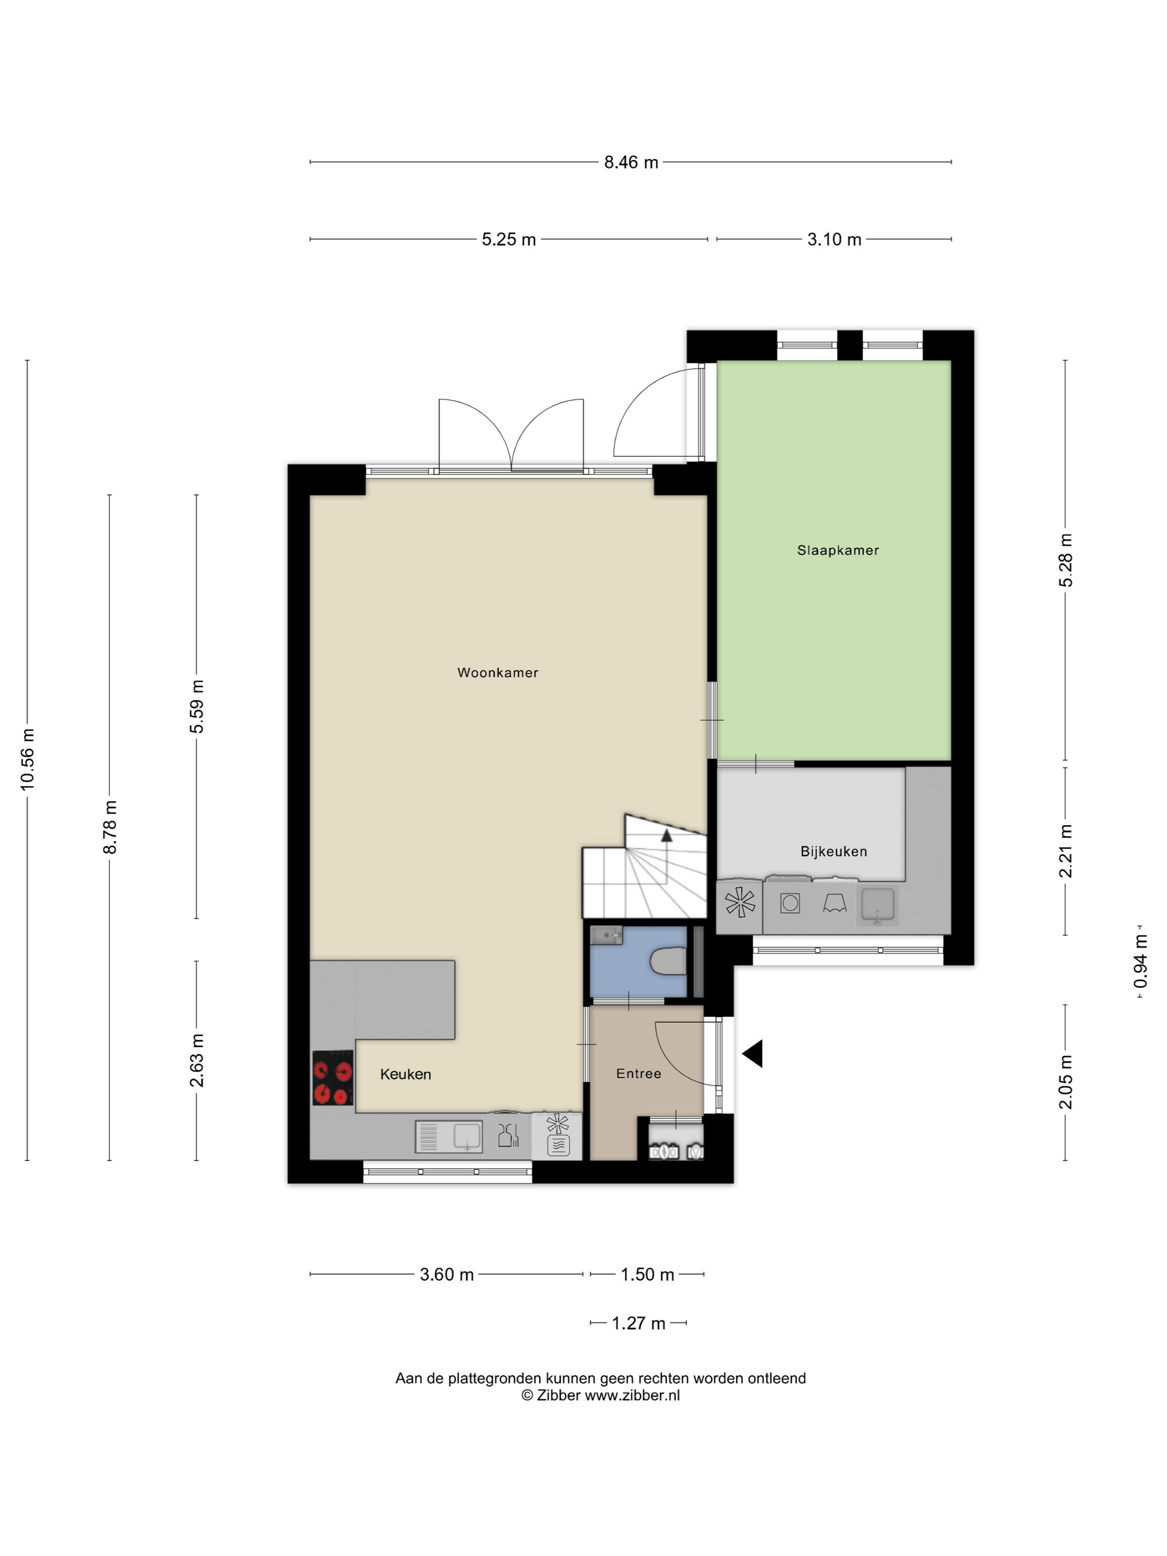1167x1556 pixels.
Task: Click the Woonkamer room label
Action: coord(497,672)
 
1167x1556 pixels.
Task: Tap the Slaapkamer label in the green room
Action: coord(838,550)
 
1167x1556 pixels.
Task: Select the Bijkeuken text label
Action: coord(834,851)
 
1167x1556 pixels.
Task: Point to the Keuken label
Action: coord(405,1074)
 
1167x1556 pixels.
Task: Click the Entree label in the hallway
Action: coord(639,1074)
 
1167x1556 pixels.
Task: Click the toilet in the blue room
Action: coord(669,961)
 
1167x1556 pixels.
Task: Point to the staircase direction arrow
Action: coord(665,835)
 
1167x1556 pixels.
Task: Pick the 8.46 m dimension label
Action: coord(631,162)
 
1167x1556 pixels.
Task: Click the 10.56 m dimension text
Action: coord(27,759)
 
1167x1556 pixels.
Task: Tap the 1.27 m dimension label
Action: coord(638,1323)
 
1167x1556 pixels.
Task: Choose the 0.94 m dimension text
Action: coord(1140,961)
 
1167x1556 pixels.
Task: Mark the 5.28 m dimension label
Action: coord(1066,560)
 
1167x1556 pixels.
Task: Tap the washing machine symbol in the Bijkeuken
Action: coord(790,902)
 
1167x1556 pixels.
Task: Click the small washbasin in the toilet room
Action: coord(607,935)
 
